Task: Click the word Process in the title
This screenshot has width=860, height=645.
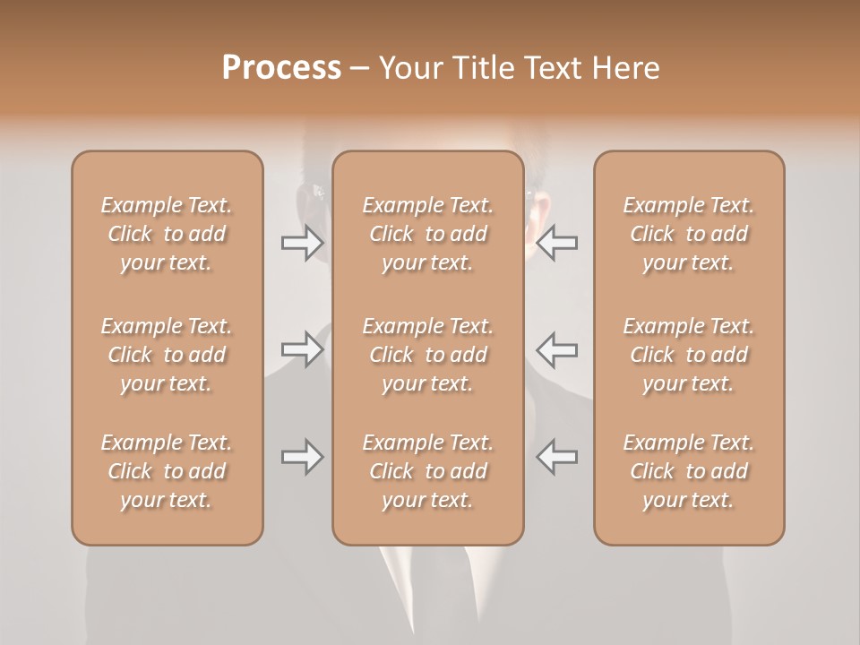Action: coord(281,68)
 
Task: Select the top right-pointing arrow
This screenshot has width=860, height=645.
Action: coord(302,243)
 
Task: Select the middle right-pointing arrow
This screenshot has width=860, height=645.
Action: coord(302,349)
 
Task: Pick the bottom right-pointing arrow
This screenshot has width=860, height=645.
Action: coord(302,458)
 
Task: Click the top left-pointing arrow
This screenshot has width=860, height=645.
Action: coord(557,243)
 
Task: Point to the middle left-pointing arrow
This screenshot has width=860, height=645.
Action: coord(557,349)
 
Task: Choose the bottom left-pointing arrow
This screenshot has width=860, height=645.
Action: coord(557,458)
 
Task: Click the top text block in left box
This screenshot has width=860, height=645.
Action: coord(167,234)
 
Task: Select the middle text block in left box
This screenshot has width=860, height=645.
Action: coord(167,355)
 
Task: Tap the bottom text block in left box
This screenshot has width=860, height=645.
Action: coord(167,471)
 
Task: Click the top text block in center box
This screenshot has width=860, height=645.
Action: coord(427,234)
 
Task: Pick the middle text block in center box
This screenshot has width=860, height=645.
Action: coord(427,355)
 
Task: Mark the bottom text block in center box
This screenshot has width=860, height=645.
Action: coord(427,471)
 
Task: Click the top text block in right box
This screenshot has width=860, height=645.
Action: coord(688,234)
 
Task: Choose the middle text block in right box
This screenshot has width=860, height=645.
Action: coord(688,355)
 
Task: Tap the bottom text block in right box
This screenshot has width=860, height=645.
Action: coord(688,471)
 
